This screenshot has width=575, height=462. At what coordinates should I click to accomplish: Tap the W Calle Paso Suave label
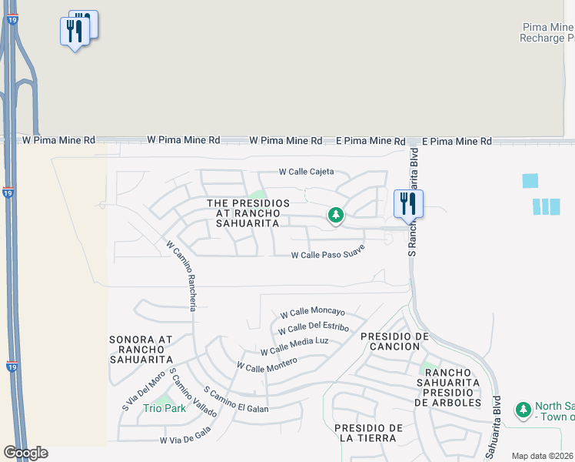pos(327,256)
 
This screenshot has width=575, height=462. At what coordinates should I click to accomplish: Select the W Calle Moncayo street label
pos(312,313)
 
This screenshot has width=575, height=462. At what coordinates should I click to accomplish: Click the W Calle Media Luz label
pos(294,346)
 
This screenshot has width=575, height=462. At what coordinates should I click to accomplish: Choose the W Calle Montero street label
pos(267,365)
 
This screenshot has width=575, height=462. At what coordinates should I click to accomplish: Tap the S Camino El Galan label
pos(236,400)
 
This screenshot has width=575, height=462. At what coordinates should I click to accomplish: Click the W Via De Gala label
pos(184,440)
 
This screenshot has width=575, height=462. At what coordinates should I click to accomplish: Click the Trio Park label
pos(165,408)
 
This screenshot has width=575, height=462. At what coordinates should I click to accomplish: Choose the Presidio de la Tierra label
pos(370,433)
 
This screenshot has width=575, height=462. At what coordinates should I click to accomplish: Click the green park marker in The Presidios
pos(335,215)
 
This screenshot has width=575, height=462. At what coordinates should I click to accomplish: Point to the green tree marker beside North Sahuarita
pos(523,409)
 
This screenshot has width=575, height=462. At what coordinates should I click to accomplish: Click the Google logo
pos(25,453)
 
